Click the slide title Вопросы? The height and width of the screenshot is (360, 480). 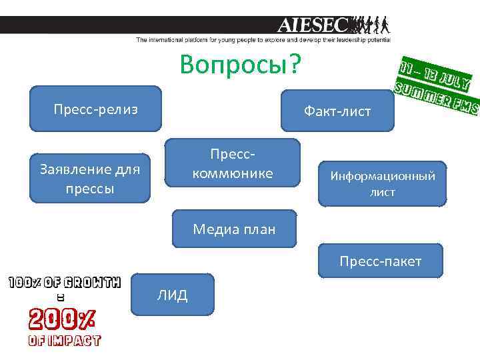point(240,65)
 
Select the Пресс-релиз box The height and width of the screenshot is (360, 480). point(95,109)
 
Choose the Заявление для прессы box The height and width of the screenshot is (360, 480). point(91,179)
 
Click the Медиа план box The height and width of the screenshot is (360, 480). point(233,229)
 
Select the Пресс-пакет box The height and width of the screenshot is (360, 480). point(380,261)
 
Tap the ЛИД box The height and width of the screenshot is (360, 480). point(173,295)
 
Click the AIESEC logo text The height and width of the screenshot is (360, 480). point(312,25)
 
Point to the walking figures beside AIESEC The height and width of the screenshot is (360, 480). point(370,25)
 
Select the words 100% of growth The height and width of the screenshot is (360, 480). point(64,282)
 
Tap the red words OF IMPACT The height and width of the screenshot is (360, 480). point(64,341)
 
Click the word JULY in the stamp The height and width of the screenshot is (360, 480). point(454,79)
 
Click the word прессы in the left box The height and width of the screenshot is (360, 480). point(91,189)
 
